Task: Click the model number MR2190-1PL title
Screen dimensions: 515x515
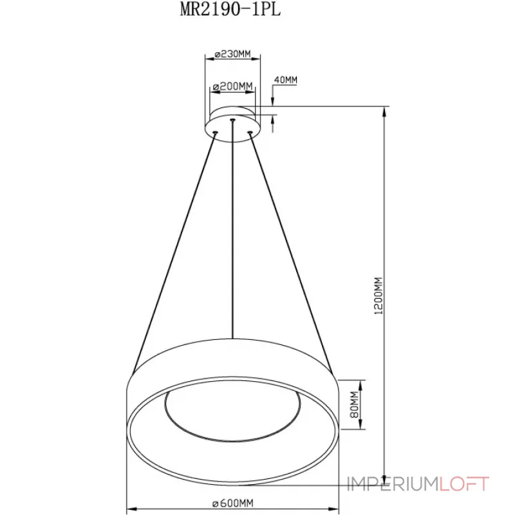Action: (230, 10)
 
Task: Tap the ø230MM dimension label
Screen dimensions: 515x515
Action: (232, 54)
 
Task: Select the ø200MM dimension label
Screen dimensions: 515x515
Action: (232, 86)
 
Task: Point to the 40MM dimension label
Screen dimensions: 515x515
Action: (285, 80)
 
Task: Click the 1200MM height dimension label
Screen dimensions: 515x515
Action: (379, 296)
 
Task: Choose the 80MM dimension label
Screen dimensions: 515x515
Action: (354, 404)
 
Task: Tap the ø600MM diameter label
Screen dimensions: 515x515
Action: (232, 503)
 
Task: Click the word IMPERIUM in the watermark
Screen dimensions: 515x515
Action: (393, 484)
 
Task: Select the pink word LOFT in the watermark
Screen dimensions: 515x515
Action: (464, 484)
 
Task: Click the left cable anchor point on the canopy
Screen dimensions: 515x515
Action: (216, 133)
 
